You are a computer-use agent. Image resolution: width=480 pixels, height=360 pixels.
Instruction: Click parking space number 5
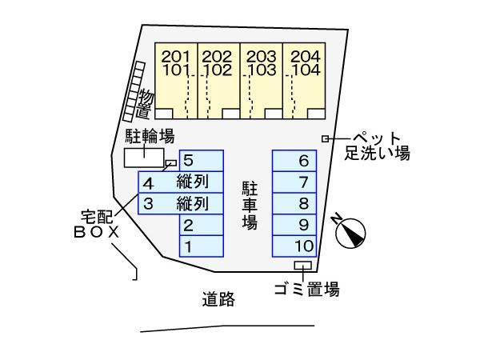tap(202, 161)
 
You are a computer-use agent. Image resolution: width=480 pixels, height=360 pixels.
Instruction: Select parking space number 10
tap(294, 246)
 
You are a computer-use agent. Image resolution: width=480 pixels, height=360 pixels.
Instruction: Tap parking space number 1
tap(202, 246)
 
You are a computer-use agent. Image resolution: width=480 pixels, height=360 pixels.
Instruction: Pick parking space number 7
tap(294, 182)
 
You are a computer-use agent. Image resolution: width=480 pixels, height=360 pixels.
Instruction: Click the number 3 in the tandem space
tap(148, 204)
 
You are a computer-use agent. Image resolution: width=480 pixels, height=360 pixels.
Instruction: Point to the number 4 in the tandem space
tap(149, 184)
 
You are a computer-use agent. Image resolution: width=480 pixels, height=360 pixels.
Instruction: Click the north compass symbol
tap(350, 233)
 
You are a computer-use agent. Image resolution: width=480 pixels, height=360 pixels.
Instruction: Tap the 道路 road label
tap(218, 299)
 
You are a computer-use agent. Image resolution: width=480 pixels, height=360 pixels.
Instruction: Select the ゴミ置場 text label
tap(307, 289)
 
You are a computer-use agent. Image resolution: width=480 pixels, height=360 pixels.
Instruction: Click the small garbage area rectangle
tap(302, 265)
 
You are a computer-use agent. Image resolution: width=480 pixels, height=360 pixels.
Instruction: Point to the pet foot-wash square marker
tap(325, 139)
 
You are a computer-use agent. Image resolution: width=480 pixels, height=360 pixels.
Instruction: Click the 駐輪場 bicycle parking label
tap(150, 136)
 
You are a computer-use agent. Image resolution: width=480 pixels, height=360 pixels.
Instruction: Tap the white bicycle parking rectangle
tap(144, 158)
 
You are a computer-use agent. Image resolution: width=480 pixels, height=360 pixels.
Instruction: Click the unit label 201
tap(176, 57)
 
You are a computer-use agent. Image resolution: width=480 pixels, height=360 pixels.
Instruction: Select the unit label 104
tap(306, 70)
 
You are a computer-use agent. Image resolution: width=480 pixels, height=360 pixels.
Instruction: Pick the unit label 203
tap(262, 57)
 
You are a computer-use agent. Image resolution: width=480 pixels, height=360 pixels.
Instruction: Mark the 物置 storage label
tap(145, 103)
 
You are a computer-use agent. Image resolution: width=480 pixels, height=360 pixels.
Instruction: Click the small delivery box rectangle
tap(171, 163)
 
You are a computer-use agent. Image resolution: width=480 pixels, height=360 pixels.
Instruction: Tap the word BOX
tap(97, 233)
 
